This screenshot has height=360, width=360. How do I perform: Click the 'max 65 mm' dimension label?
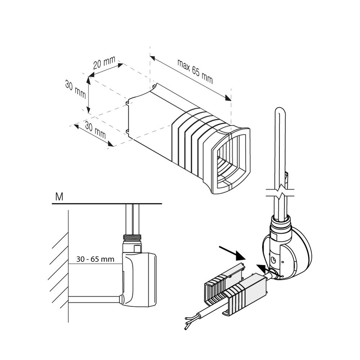click(195, 71)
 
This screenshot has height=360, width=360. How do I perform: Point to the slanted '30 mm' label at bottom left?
click(95, 130)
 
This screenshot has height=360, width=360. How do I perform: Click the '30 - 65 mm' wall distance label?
click(95, 259)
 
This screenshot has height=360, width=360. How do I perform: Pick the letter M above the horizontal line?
click(59, 197)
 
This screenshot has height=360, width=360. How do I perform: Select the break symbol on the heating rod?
click(281, 192)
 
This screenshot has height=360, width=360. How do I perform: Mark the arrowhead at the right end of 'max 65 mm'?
click(228, 98)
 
